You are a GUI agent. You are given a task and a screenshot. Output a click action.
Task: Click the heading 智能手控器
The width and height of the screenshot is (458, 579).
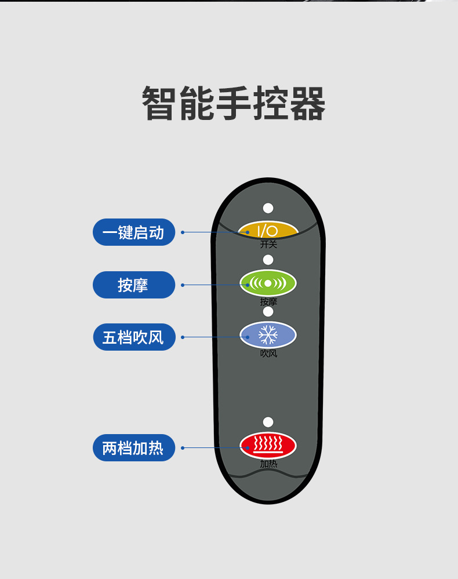click(x=234, y=103)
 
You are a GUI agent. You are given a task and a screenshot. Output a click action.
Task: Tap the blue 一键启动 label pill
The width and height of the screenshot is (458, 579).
click(x=134, y=232)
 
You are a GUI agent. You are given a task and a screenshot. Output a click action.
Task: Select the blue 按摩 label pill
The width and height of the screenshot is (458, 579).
click(x=134, y=285)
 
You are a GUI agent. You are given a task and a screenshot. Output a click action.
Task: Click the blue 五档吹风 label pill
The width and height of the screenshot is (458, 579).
click(x=134, y=337)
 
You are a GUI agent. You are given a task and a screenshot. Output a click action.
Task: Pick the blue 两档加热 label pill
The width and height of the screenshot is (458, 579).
click(x=134, y=447)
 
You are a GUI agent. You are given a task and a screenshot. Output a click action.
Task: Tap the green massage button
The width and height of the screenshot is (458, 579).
click(x=268, y=283)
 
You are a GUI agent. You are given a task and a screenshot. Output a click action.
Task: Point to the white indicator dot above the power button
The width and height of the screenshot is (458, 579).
click(x=268, y=208)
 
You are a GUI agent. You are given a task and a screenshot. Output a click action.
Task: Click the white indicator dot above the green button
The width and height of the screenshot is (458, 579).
click(x=268, y=260)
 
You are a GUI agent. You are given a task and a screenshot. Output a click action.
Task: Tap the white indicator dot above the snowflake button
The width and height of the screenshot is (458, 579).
click(x=268, y=311)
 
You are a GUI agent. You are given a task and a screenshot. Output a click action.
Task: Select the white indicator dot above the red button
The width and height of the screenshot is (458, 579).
click(x=268, y=422)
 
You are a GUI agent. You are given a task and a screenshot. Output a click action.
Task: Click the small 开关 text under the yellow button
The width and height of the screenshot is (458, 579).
click(x=268, y=244)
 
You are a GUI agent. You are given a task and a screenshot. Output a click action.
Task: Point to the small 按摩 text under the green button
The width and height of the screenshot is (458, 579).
click(x=268, y=301)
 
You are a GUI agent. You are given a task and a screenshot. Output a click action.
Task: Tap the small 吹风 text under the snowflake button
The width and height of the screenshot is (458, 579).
click(x=268, y=353)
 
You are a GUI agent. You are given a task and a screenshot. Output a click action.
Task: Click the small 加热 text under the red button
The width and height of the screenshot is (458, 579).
click(x=268, y=464)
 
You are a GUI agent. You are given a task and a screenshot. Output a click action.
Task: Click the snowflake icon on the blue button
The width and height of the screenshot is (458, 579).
click(x=268, y=334)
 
